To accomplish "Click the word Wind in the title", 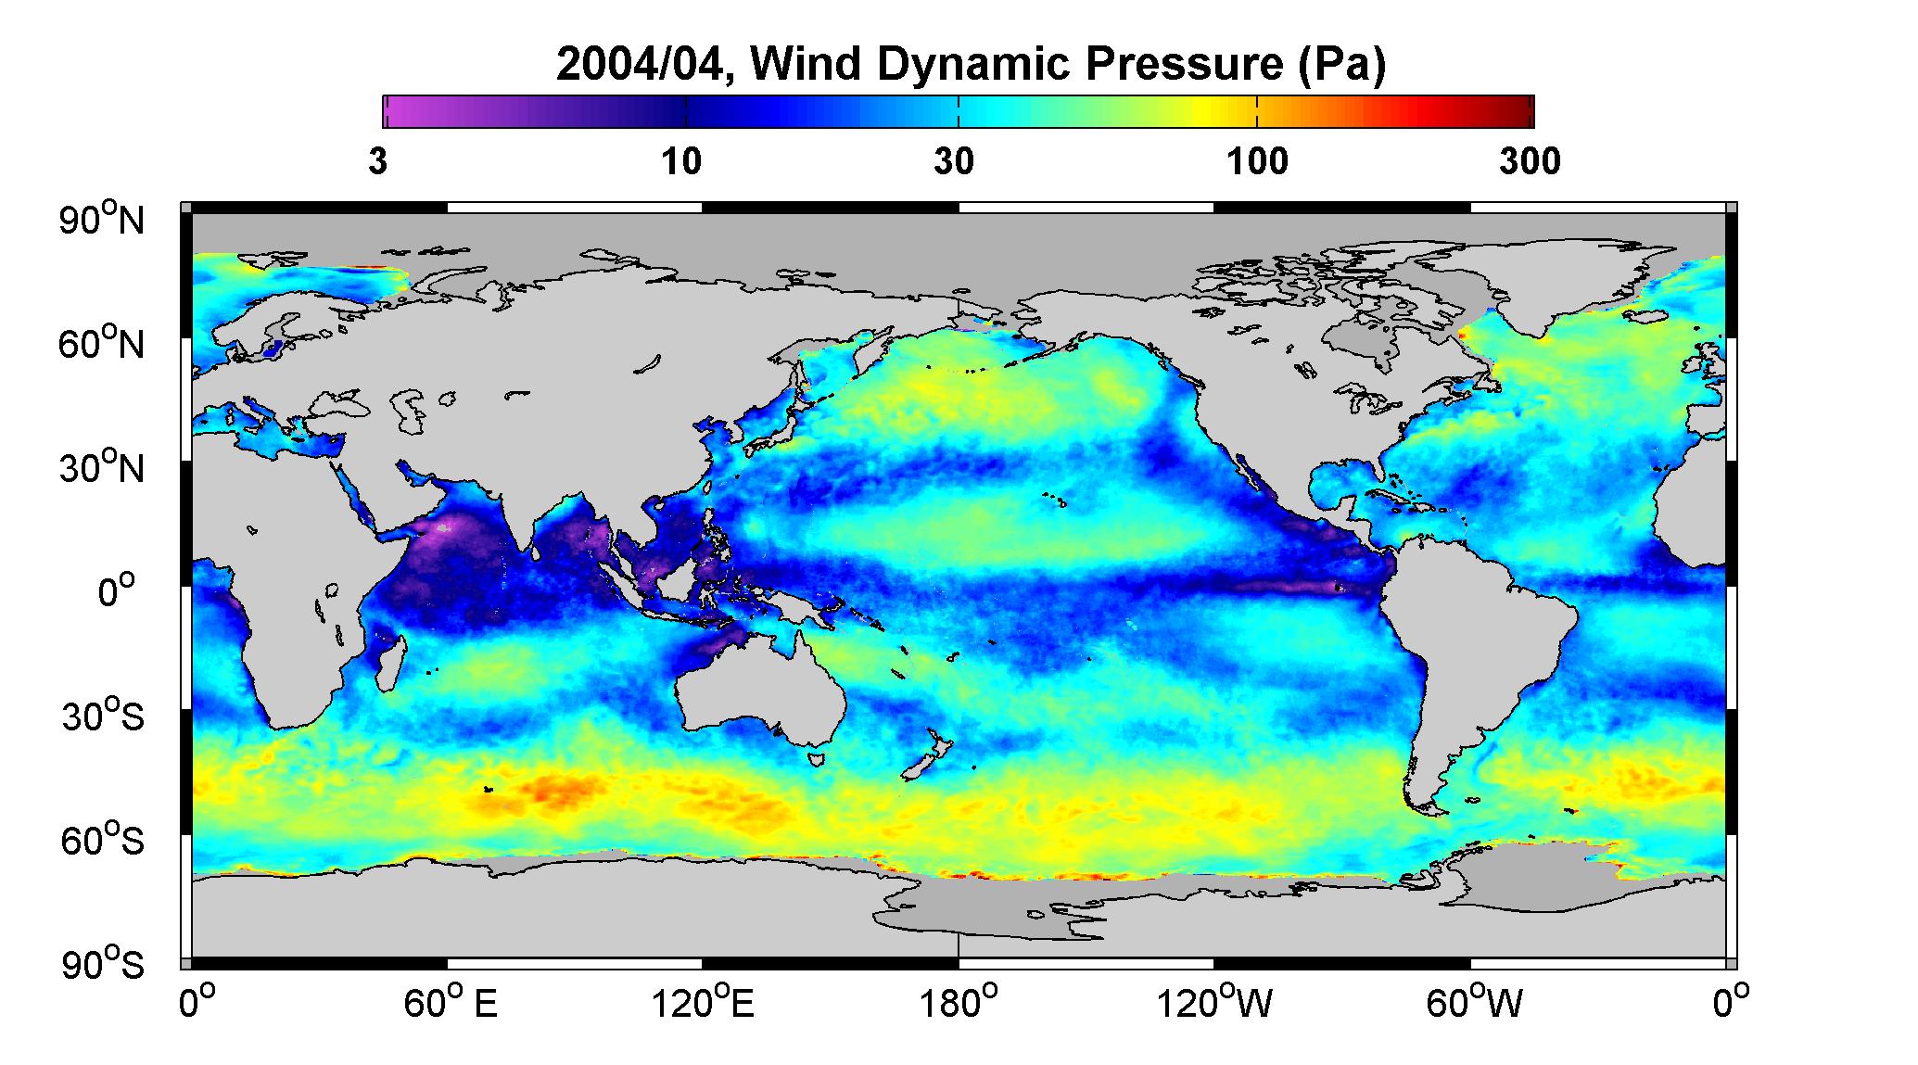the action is (x=812, y=66).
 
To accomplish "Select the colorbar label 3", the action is (x=377, y=162).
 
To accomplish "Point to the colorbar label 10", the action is (x=681, y=162).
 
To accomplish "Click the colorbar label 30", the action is (x=955, y=162).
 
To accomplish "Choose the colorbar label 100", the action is (x=1257, y=162).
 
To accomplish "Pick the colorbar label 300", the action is (x=1530, y=162).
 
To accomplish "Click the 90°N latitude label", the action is (x=102, y=220).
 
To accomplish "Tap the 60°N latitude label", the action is (x=102, y=344).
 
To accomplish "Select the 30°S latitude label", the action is (x=102, y=716).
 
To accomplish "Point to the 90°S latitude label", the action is (x=102, y=964).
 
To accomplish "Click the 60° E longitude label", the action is (x=450, y=1003).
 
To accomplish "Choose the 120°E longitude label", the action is (x=703, y=1003).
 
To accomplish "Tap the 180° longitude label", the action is (x=957, y=1003).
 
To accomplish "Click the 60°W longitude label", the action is (x=1473, y=1003).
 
